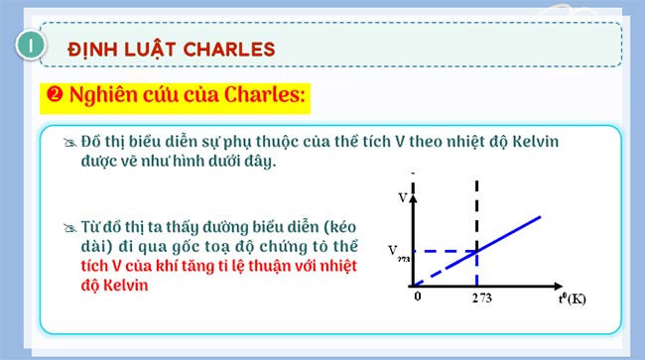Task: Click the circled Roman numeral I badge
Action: [32, 46]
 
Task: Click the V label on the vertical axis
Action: [402, 197]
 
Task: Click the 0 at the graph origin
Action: [419, 297]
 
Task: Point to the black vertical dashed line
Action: [479, 213]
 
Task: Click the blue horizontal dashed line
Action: [447, 250]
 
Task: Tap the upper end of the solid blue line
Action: [540, 216]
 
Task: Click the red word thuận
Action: [298, 266]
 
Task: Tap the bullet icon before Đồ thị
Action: [67, 142]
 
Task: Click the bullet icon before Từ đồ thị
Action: [67, 228]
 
